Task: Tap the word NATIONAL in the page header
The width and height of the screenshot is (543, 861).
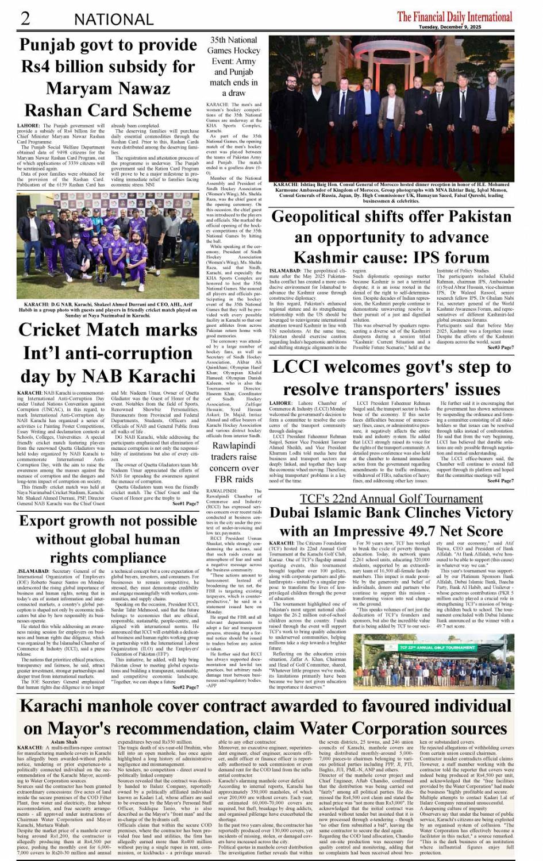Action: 113,20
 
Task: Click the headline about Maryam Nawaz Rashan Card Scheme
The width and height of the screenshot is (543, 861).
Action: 108,78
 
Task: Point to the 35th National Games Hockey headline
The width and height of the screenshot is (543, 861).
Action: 233,66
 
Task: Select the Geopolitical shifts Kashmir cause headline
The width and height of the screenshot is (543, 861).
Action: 391,237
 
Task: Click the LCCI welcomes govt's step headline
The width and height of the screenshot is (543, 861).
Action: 391,377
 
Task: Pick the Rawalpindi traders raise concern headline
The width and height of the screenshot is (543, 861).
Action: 233,462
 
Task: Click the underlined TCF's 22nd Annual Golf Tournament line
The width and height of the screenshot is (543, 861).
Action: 391,499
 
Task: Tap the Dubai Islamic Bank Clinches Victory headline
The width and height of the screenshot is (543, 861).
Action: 391,522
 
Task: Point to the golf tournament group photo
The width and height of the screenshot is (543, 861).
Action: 433,665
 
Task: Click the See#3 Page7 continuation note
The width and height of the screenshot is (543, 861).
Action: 500,348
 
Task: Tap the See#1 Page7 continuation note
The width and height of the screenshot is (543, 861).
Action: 185,504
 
